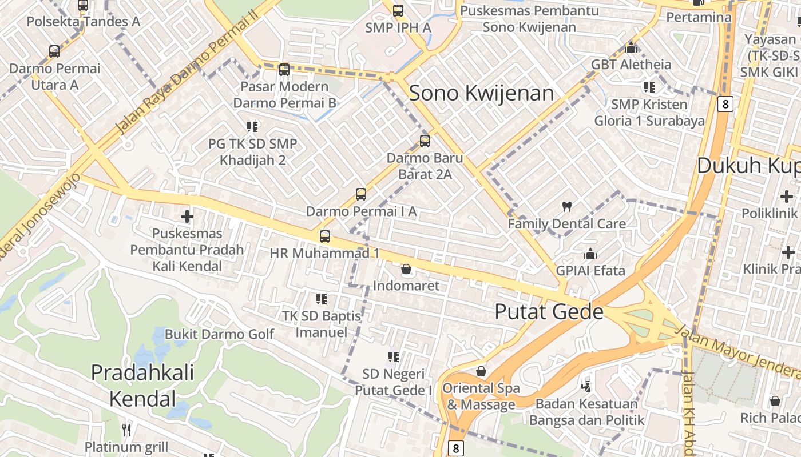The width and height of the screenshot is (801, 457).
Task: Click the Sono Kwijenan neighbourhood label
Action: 481,93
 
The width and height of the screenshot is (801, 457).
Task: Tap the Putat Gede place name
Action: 549,312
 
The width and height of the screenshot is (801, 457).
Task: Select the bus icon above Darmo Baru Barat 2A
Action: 425,141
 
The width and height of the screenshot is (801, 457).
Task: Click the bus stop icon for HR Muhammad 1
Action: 325,236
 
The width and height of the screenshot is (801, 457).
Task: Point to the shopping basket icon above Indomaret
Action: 406,269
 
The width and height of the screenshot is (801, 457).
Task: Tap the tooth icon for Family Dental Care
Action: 567,207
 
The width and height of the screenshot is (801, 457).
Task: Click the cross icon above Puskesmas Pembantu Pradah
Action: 187,217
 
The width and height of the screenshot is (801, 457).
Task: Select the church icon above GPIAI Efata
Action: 590,253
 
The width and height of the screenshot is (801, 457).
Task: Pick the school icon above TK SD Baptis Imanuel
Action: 322,299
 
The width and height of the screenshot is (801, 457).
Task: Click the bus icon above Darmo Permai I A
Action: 361,194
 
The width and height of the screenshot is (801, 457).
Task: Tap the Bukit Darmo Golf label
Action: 220,334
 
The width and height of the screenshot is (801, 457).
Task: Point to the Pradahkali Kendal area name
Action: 142,385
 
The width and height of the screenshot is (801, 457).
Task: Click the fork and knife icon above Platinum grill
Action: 126,430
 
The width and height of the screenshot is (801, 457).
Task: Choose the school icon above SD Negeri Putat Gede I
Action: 394,357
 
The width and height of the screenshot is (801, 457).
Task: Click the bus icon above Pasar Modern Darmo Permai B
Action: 284,70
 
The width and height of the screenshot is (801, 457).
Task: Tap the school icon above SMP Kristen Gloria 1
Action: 649,87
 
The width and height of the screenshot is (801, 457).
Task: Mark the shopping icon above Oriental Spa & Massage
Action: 481,372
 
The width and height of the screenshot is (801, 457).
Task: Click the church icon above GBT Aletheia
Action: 631,47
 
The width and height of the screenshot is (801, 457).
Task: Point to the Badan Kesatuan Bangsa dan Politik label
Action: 586,412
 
